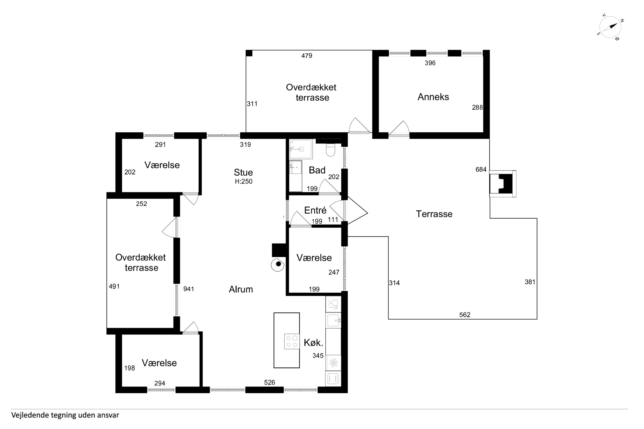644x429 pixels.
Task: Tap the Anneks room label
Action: pos(433,97)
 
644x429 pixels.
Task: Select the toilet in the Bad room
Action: pos(331,150)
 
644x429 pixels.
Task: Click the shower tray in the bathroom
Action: pos(301,149)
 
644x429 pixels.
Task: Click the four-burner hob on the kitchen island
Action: pos(292,341)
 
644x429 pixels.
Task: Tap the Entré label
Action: pos(315,210)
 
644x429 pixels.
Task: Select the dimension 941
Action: pos(189,289)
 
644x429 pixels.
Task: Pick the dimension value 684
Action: pos(481,170)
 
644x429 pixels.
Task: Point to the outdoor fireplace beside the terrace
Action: pos(503,184)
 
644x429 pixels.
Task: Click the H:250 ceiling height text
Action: pos(243,181)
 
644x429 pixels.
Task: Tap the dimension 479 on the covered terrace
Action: pos(307,56)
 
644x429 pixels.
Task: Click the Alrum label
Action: pos(241,289)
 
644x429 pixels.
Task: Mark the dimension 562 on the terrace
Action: pos(465,315)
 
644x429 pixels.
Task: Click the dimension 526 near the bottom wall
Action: pos(269,382)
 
